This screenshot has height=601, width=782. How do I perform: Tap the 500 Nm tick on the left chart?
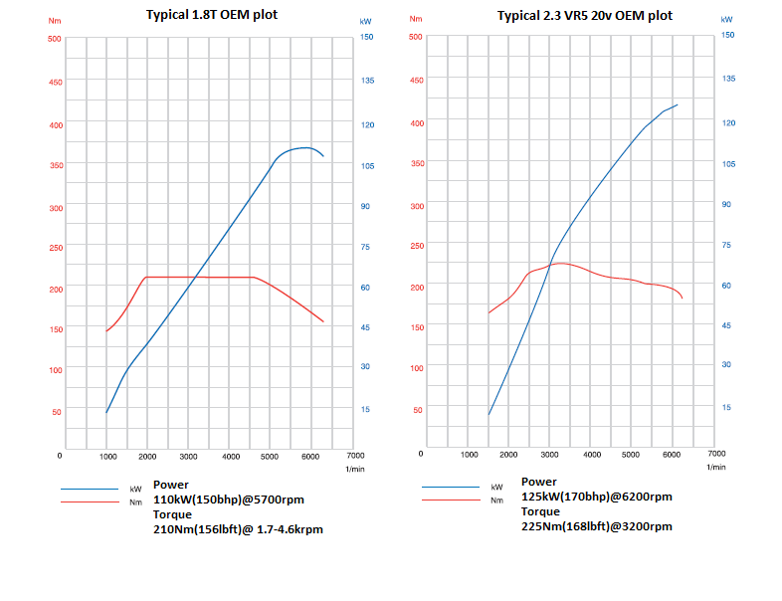tap(55, 39)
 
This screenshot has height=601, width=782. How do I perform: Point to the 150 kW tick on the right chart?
tap(726, 34)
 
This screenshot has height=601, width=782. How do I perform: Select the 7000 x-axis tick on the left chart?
tap(353, 455)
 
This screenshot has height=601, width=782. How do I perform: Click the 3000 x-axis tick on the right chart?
tap(550, 454)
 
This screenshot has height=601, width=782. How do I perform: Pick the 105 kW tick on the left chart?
tap(366, 165)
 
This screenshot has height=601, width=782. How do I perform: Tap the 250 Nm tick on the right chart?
tap(417, 246)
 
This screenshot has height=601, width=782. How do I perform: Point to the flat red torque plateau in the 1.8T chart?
tap(199, 277)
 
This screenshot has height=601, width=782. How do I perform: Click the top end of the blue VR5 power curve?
tap(677, 104)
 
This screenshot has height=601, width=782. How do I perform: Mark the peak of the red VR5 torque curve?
tap(561, 264)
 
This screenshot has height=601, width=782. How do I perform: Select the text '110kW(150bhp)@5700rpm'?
tap(228, 501)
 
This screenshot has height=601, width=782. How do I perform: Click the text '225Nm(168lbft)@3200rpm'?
tap(596, 525)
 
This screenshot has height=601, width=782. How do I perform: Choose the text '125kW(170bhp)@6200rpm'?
tap(596, 497)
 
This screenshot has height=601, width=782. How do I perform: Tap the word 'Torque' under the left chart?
tap(173, 515)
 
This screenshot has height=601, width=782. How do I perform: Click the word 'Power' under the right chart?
tap(538, 482)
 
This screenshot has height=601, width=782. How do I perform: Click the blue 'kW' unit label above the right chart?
tap(726, 18)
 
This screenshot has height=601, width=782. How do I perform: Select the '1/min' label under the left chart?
tap(354, 468)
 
